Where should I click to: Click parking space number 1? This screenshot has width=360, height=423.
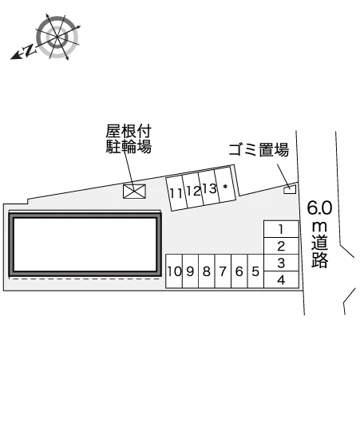281,229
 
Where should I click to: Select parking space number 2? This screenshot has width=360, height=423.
281,246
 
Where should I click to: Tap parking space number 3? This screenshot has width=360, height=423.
281,263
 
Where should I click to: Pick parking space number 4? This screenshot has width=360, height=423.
281,280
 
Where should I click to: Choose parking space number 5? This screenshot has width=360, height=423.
255,271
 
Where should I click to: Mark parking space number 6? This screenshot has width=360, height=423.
239,271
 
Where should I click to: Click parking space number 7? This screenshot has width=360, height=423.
223,271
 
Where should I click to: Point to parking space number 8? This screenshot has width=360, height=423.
207,271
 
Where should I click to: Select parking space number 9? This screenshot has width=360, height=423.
190,271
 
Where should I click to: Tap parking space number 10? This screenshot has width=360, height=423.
174,271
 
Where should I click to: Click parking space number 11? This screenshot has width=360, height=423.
176,192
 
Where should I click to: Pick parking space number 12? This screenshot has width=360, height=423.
193,191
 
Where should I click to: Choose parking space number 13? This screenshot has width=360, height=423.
209,188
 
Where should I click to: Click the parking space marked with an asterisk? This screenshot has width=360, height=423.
225,186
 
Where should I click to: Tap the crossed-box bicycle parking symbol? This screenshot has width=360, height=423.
134,192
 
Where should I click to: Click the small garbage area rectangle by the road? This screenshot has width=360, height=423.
290,190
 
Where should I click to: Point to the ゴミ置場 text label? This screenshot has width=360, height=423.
259,150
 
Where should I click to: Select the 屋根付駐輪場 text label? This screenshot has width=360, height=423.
129,139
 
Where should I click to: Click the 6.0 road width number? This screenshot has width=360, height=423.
319,208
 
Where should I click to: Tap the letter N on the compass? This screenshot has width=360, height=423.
30,50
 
